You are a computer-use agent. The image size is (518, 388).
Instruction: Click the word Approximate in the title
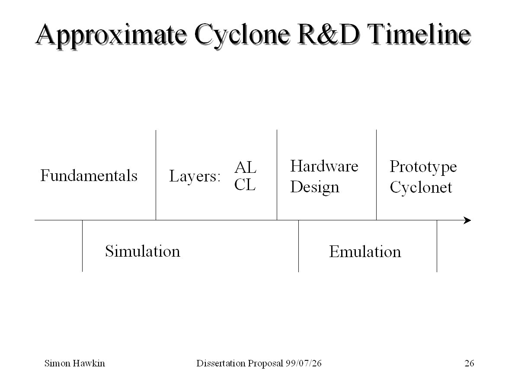[111, 36]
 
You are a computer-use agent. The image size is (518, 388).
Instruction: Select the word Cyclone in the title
[242, 36]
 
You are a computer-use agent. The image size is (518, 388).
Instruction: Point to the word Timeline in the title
[419, 34]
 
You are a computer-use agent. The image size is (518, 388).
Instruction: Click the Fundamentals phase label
[89, 175]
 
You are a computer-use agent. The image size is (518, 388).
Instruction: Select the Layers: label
[195, 176]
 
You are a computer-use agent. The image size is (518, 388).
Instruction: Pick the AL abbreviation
[246, 167]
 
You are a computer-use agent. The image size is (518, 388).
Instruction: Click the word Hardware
[324, 166]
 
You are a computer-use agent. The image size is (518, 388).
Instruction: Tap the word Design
[314, 187]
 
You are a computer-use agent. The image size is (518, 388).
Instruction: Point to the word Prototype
[423, 167]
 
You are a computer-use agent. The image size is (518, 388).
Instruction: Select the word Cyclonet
[421, 188]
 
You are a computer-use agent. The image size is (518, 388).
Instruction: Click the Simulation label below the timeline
[143, 251]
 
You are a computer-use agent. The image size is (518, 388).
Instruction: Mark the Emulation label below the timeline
[365, 251]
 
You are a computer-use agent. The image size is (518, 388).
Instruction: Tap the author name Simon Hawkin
[75, 363]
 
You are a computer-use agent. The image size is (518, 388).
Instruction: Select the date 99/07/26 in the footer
[304, 363]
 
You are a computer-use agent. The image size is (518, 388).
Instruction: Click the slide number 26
[469, 363]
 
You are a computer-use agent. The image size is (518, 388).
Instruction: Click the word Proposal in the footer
[265, 363]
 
